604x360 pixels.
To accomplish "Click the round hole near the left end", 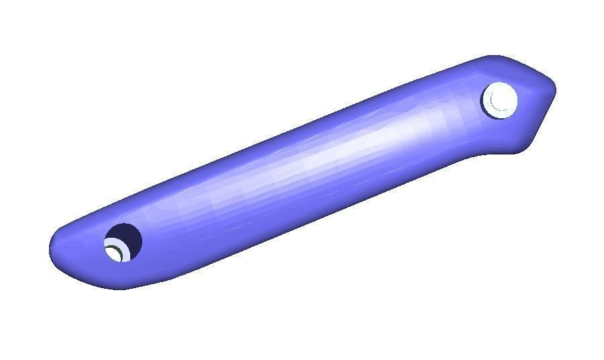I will [123, 242].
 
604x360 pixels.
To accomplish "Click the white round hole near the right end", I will [500, 101].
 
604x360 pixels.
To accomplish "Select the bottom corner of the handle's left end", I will [121, 288].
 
